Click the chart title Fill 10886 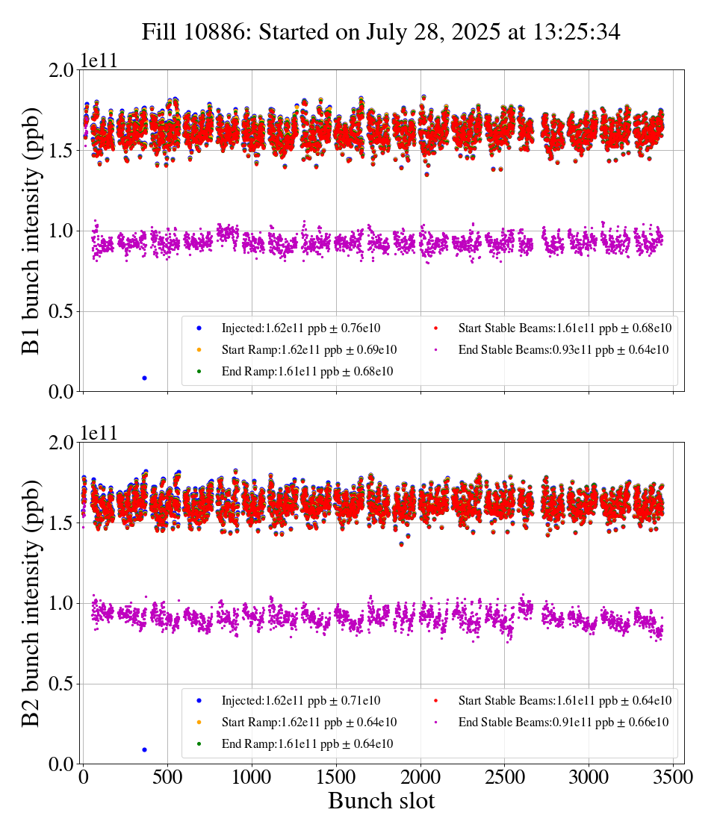(381, 31)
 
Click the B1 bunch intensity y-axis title (31, 231)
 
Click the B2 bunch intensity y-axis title (31, 603)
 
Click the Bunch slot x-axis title (381, 802)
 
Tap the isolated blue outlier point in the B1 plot (144, 378)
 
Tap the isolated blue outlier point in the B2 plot (144, 749)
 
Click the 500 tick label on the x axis (167, 777)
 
